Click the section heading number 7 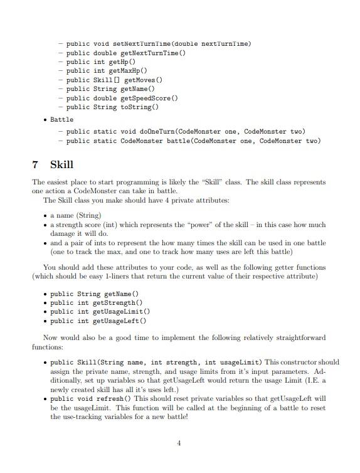pyautogui.click(x=35, y=164)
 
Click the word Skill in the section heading pyautogui.click(x=61, y=164)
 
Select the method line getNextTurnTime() pyautogui.click(x=125, y=53)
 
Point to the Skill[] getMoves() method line pyautogui.click(x=114, y=80)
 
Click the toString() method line pyautogui.click(x=114, y=107)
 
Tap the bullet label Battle pyautogui.click(x=61, y=119)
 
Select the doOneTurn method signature pyautogui.click(x=186, y=131)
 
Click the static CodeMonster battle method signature pyautogui.click(x=193, y=141)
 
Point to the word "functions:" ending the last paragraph pyautogui.click(x=48, y=346)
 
